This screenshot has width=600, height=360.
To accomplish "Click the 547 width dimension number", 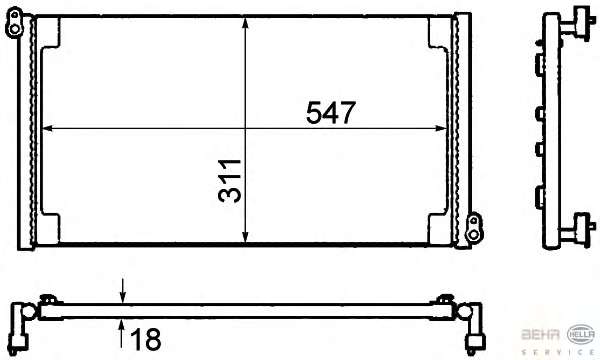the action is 331,112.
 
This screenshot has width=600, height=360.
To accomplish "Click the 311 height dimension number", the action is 230,181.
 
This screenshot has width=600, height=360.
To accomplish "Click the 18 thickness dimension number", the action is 146,339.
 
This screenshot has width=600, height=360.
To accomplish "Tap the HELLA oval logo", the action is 581,334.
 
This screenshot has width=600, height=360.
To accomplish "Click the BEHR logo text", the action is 540,334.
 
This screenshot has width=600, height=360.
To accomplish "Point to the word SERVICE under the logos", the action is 558,352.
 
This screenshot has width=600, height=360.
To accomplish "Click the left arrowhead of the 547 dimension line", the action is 47,129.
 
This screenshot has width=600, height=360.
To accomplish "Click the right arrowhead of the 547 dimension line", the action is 441,129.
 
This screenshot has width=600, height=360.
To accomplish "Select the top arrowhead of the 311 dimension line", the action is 246,23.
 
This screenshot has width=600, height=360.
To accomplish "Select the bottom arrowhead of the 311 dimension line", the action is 246,237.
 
